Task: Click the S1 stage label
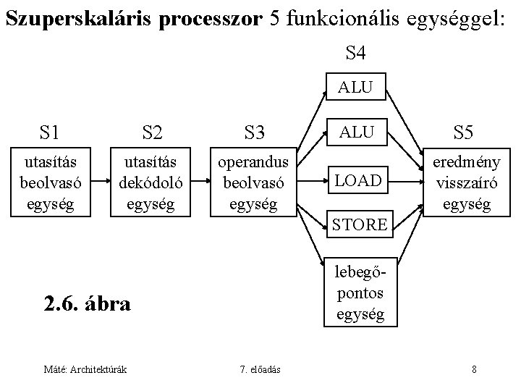(x=50, y=132)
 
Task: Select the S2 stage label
(x=152, y=132)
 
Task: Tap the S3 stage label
(x=255, y=133)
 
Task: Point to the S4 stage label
(x=355, y=52)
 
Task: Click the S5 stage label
(x=463, y=132)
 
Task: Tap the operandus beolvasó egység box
(x=253, y=182)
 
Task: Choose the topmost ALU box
(x=355, y=88)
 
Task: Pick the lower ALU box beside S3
(x=355, y=131)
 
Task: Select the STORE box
(x=360, y=224)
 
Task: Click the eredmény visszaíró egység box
(x=463, y=182)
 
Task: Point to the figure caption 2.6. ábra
(x=87, y=303)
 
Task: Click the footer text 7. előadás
(x=260, y=370)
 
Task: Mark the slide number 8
(x=473, y=370)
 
